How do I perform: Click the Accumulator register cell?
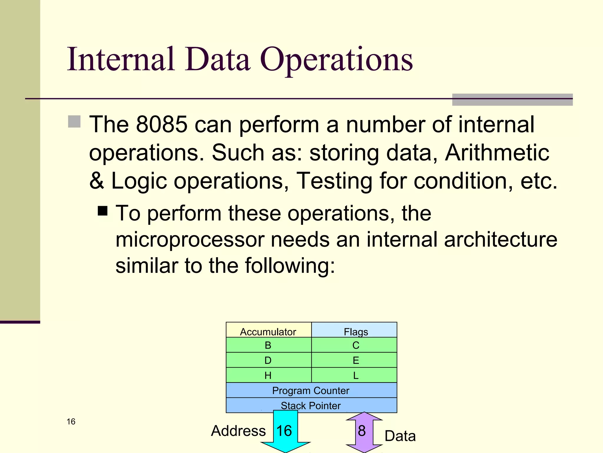(268, 330)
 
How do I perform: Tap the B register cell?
(268, 345)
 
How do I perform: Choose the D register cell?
(268, 360)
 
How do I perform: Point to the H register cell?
(268, 375)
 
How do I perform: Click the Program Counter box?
(311, 390)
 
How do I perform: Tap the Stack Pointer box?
(311, 405)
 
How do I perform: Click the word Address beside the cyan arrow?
(238, 431)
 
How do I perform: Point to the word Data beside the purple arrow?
(400, 436)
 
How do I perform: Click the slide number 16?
(71, 421)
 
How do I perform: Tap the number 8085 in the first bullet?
(162, 124)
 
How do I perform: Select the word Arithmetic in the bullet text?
(497, 153)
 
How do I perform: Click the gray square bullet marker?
(74, 122)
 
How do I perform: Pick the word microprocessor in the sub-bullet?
(190, 239)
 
